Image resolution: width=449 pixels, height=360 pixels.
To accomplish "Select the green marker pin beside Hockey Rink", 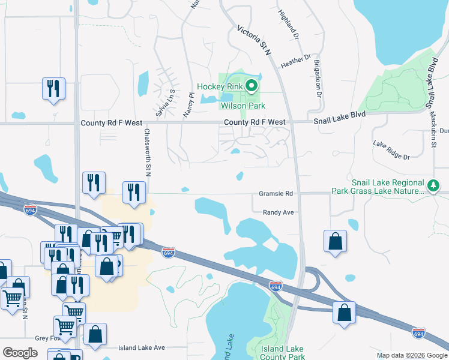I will click(x=252, y=86).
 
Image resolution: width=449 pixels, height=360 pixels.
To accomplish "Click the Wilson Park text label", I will click(x=226, y=106).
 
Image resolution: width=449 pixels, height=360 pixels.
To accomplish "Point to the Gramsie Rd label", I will click(x=276, y=194).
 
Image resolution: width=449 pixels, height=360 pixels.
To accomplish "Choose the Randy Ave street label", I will click(x=278, y=212).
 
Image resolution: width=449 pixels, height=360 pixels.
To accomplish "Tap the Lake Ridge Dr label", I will click(x=391, y=151).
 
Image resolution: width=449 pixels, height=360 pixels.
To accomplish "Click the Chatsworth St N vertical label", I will click(x=147, y=152).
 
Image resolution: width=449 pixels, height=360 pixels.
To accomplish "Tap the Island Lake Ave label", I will click(x=141, y=347).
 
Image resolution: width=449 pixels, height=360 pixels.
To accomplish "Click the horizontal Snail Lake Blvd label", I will click(x=339, y=121).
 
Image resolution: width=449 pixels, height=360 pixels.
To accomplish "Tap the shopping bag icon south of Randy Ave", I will click(x=335, y=241).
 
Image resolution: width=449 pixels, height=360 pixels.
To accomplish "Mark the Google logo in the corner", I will click(x=20, y=352).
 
